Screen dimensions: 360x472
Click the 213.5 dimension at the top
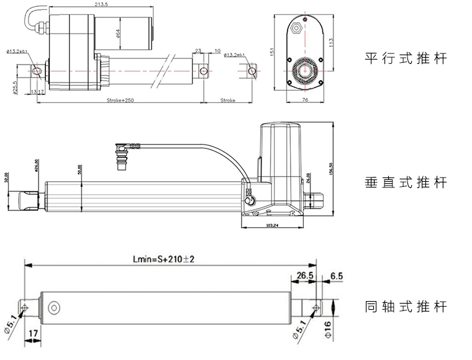click(x=102, y=5)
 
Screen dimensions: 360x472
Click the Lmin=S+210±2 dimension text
click(x=163, y=259)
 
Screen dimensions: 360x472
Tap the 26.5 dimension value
click(x=304, y=275)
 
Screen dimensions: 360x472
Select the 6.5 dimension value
click(x=337, y=275)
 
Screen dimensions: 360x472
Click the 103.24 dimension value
click(x=274, y=225)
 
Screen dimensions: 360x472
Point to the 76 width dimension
click(x=306, y=99)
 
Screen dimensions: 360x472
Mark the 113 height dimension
click(x=332, y=42)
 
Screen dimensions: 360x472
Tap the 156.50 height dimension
click(x=332, y=168)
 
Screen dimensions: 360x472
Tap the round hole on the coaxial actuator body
click(x=55, y=307)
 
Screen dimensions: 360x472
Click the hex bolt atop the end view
click(x=297, y=27)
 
